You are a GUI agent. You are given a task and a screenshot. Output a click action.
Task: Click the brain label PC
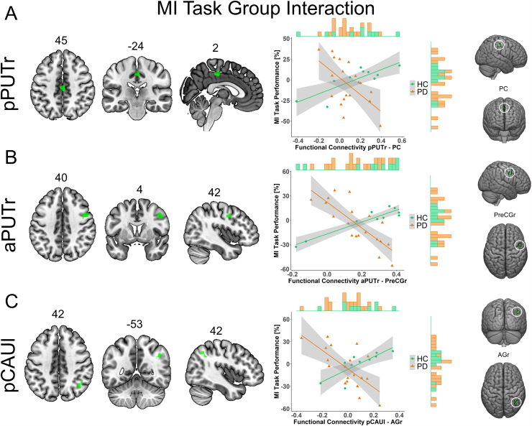coord(504,89)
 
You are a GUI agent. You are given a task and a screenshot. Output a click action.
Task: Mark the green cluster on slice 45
coord(63,87)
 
